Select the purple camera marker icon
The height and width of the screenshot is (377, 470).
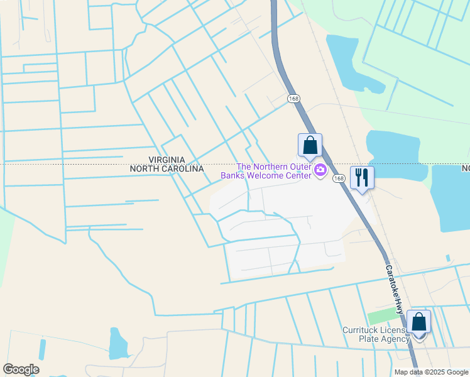point(320,169)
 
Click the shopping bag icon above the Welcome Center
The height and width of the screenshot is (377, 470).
point(310,145)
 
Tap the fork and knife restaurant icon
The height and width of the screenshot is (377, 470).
point(361,177)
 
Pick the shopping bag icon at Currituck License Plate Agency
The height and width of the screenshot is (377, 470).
point(418,322)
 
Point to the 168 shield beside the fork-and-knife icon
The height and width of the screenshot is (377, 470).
point(339,179)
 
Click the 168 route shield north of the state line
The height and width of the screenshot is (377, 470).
point(293,99)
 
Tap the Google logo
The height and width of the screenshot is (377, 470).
point(21,369)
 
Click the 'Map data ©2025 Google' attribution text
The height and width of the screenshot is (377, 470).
point(432,372)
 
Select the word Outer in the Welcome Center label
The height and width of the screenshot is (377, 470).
point(297,167)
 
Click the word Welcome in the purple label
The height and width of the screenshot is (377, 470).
point(266,175)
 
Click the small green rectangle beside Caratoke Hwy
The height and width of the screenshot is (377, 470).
point(380,316)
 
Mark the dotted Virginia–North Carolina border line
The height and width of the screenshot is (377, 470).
point(75,165)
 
